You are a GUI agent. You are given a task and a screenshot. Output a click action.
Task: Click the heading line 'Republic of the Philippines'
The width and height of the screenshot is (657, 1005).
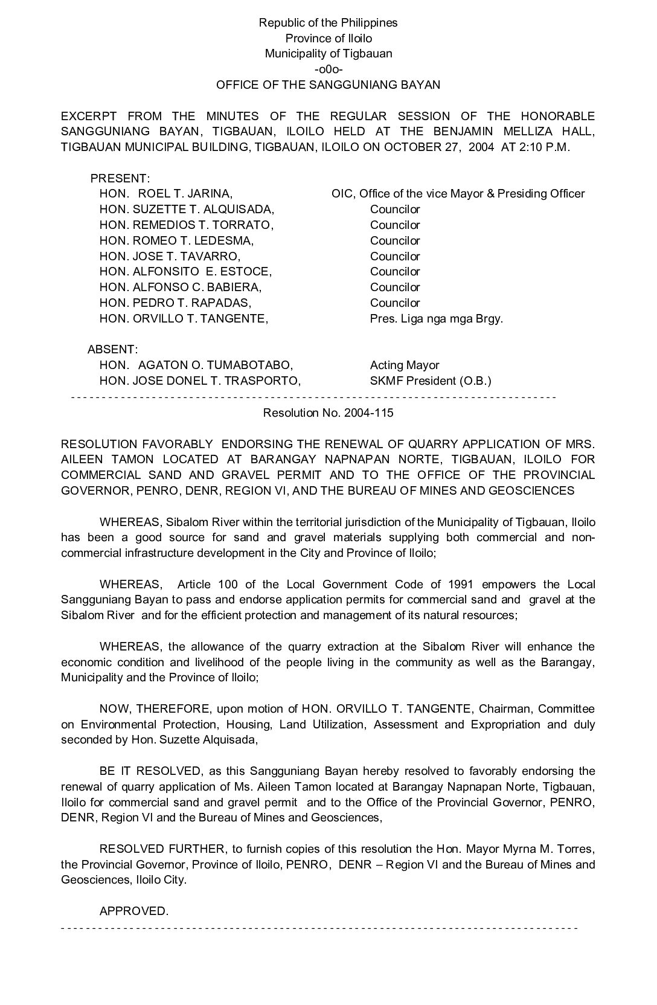[328, 23]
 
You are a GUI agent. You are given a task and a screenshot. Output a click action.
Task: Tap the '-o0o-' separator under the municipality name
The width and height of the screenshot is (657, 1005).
[328, 69]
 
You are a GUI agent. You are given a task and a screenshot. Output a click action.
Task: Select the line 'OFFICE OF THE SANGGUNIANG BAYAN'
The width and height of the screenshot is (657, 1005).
[328, 85]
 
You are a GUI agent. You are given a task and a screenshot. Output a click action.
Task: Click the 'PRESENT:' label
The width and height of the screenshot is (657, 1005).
[120, 179]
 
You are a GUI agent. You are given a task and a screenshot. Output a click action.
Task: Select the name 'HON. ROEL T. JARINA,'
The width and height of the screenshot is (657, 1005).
[166, 194]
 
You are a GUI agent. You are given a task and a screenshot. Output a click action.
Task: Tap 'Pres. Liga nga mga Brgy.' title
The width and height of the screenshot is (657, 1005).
[436, 318]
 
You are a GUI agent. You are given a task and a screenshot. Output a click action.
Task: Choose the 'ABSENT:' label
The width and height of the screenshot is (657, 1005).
[113, 350]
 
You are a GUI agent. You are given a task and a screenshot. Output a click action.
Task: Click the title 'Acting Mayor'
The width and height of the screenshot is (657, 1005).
[405, 365]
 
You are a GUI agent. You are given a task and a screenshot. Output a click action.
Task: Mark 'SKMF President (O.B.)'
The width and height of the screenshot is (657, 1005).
[431, 381]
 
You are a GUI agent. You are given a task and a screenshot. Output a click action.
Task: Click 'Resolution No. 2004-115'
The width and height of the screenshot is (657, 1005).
[328, 413]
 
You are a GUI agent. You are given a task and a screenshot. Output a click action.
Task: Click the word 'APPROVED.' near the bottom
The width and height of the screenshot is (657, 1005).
[133, 911]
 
